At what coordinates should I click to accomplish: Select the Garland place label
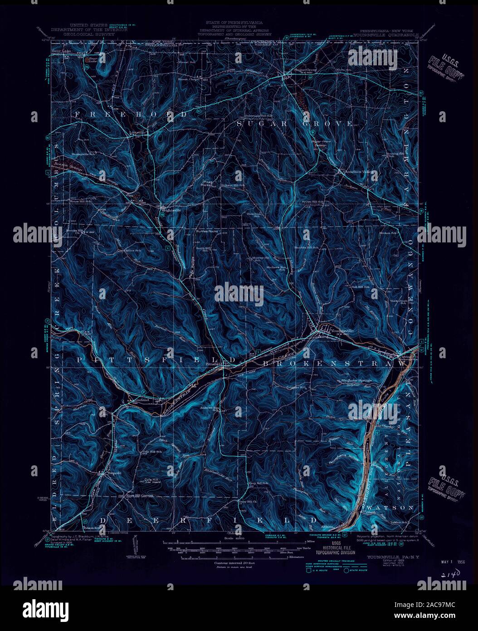(x=143, y=400)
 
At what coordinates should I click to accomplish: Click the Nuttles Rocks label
(x=207, y=231)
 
